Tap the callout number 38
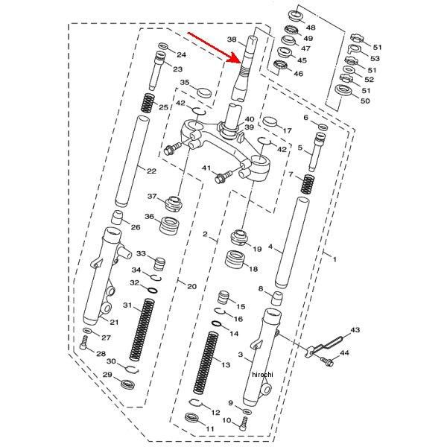(x=231, y=39)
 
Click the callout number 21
(x=114, y=322)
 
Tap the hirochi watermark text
(x=263, y=373)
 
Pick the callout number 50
(x=364, y=101)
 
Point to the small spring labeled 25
(x=148, y=104)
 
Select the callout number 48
(x=310, y=28)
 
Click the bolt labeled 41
(x=220, y=177)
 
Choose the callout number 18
(x=253, y=269)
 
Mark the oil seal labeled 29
(x=129, y=384)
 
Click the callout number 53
(x=375, y=58)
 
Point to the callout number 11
(x=209, y=429)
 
